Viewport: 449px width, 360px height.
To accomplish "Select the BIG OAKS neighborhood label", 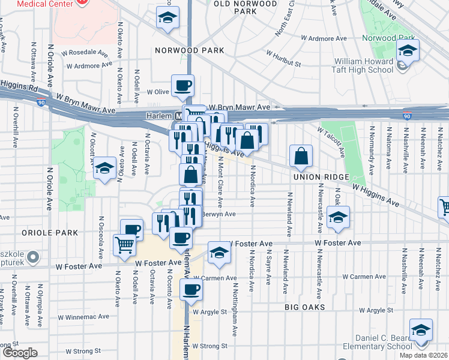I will [305, 307].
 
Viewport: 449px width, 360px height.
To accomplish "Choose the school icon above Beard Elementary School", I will [421, 331].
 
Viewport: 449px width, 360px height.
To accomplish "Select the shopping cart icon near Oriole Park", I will [124, 244].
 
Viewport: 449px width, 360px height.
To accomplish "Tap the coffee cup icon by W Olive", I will [182, 86].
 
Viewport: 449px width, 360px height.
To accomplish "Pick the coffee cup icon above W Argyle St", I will [191, 290].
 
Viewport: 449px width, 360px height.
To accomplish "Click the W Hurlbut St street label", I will [284, 62].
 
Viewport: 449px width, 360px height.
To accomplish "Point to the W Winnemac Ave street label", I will [83, 317].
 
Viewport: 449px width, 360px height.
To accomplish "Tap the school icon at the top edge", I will [167, 17].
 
